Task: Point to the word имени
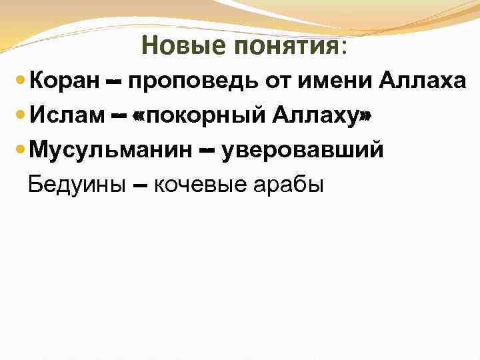coord(338,82)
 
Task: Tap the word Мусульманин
coord(110,151)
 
